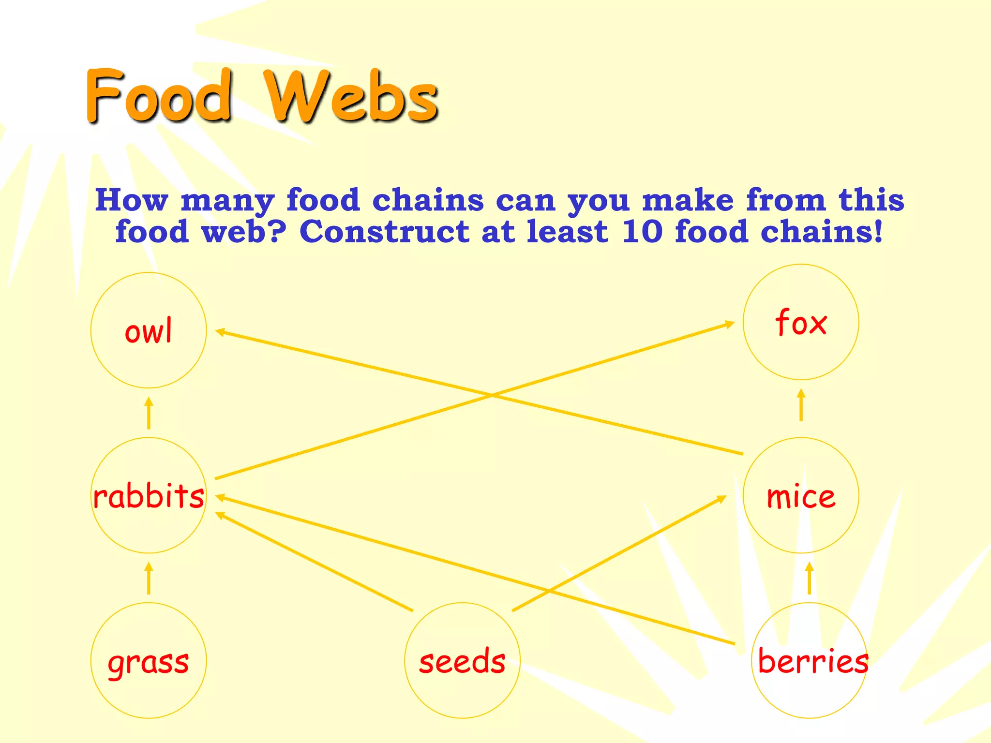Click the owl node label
[148, 331]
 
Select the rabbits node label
[149, 496]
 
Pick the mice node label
[801, 496]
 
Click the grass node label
[148, 662]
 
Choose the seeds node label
[462, 661]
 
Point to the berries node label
[812, 661]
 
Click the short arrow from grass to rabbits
[149, 578]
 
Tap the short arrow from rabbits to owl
[149, 413]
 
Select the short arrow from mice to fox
[801, 405]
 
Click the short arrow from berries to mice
[809, 578]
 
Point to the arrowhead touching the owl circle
[221, 332]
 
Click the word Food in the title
[159, 95]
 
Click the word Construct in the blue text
[384, 231]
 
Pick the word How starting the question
[131, 200]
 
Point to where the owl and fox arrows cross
[491, 395]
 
